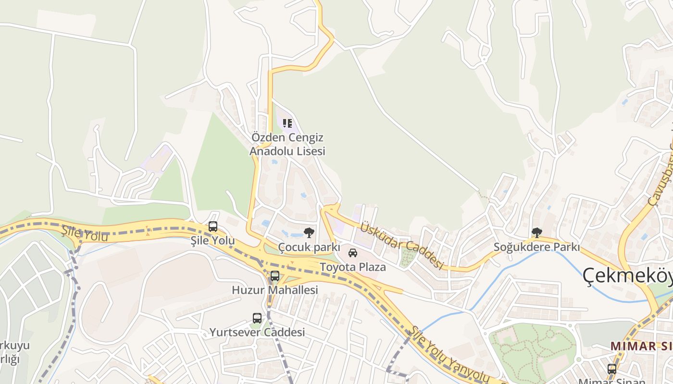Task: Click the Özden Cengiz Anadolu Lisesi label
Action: click(x=287, y=144)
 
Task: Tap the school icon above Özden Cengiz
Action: click(x=287, y=123)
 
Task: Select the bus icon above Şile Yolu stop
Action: click(x=213, y=226)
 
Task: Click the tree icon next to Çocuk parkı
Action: click(x=309, y=233)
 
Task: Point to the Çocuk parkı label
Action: click(x=309, y=248)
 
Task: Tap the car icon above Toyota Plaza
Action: click(x=353, y=252)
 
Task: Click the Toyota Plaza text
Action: click(x=353, y=267)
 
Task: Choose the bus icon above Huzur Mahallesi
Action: click(x=275, y=276)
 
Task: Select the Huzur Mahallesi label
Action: click(x=275, y=290)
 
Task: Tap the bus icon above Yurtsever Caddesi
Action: click(x=257, y=318)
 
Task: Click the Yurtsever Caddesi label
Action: click(x=257, y=332)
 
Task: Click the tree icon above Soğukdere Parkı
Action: click(x=537, y=233)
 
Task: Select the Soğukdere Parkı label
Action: click(x=537, y=247)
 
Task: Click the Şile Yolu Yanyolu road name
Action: click(x=449, y=356)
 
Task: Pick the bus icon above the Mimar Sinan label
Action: click(x=612, y=369)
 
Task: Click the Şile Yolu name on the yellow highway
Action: click(x=85, y=234)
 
